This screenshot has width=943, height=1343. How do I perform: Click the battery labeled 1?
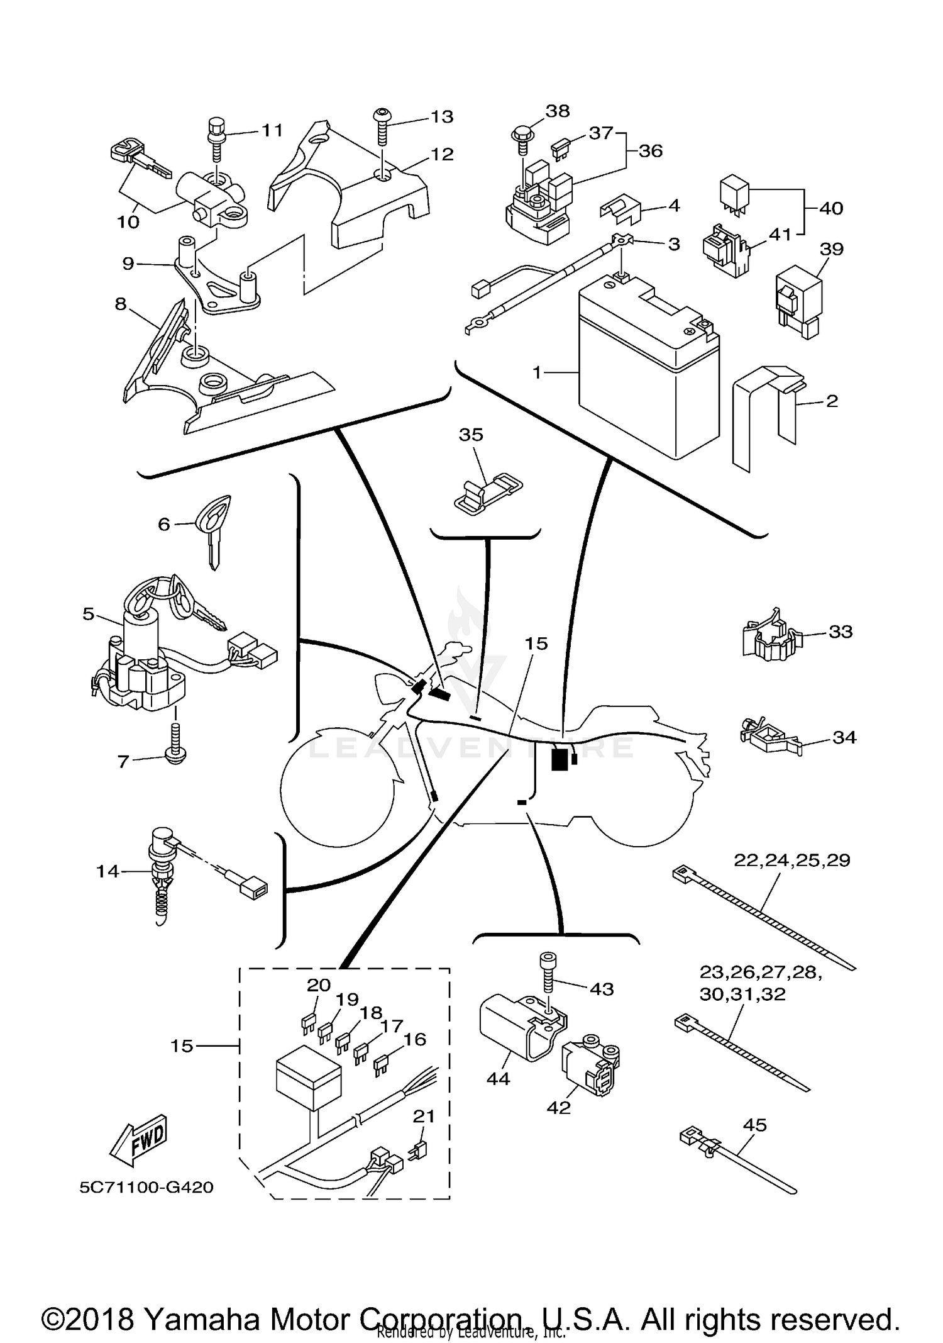(x=648, y=377)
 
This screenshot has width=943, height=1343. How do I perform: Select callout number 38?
(x=557, y=111)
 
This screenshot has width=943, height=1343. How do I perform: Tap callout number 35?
(x=471, y=435)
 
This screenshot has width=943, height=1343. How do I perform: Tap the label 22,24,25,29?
(x=791, y=861)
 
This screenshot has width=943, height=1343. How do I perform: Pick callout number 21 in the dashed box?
(x=424, y=1117)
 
